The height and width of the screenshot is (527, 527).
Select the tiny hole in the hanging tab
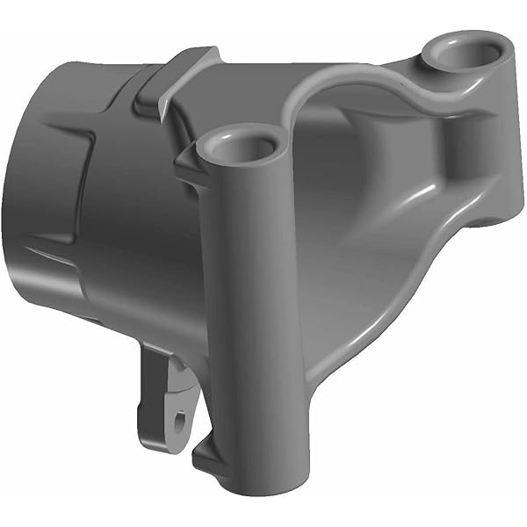[x=180, y=422]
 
